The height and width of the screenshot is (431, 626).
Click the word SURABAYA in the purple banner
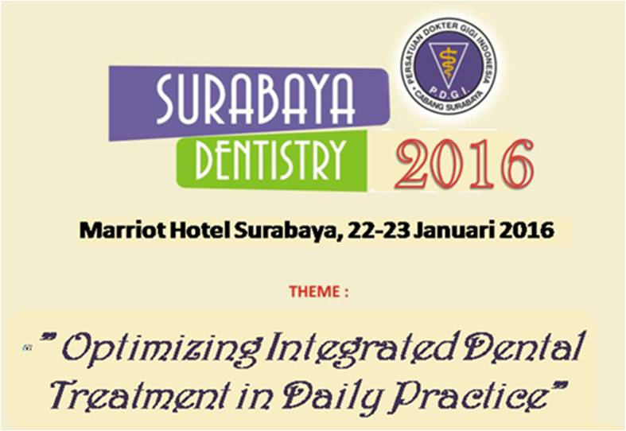(x=255, y=99)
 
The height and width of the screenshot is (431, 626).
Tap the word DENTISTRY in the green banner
(x=270, y=160)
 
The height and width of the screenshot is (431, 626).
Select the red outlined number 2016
(x=465, y=164)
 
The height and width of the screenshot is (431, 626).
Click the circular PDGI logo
(x=449, y=66)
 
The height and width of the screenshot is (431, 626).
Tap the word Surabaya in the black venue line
(x=286, y=231)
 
